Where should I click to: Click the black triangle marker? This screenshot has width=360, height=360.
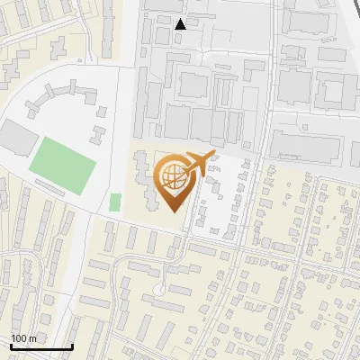pos(181,24)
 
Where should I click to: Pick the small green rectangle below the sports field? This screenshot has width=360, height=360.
pos(115,202)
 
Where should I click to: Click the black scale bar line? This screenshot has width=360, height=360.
pos(41,347)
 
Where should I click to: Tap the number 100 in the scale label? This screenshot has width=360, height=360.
pos(19,338)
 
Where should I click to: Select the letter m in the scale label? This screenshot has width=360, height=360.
pos(32,338)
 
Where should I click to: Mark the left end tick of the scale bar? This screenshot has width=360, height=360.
pos(12,346)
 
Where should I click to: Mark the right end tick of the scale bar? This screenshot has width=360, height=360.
pos(72,346)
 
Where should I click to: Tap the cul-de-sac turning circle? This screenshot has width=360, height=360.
pos(158,289)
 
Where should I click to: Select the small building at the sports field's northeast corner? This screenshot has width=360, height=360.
pos(96,136)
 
